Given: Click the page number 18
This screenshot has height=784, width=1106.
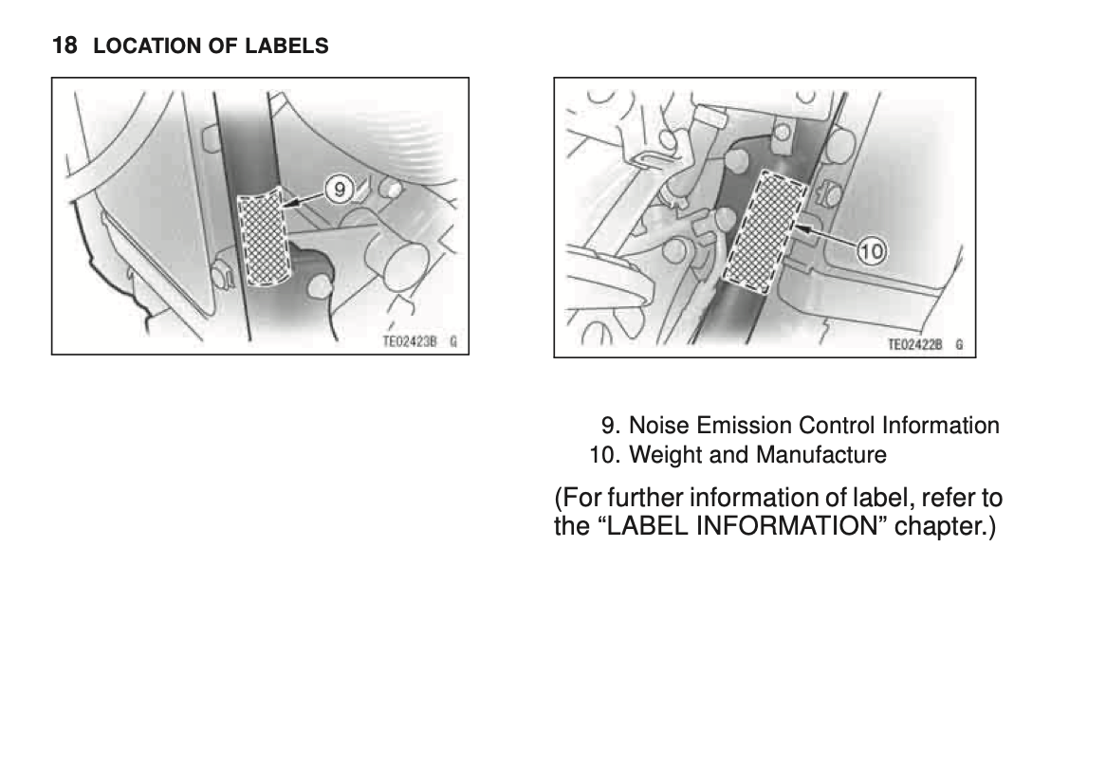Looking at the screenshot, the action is pyautogui.click(x=65, y=46).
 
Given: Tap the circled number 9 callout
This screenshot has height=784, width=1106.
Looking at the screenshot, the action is pyautogui.click(x=340, y=190).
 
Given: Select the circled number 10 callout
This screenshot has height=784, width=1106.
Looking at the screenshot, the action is pyautogui.click(x=872, y=252).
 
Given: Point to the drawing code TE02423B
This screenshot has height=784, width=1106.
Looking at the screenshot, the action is pyautogui.click(x=410, y=342).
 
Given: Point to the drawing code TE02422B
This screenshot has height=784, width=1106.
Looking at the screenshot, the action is pyautogui.click(x=914, y=345).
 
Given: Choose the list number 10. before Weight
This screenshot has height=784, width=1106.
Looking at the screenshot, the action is pyautogui.click(x=605, y=455).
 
